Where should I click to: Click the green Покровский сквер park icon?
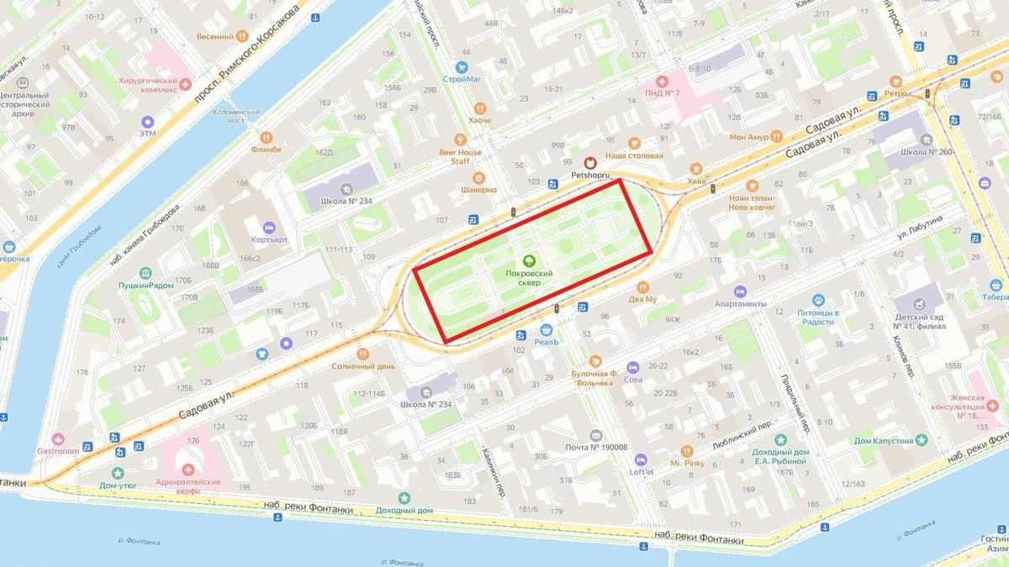click(529, 260)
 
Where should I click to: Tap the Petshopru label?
click(588, 176)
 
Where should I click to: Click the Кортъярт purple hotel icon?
click(269, 227)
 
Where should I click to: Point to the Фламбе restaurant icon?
click(266, 136)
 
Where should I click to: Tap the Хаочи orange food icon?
click(479, 108)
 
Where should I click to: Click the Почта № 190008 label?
click(596, 447)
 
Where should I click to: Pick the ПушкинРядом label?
click(146, 286)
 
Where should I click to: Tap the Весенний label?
click(214, 37)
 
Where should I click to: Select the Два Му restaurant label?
click(642, 299)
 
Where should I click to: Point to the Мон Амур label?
click(748, 136)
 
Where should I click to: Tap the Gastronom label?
click(57, 450)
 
